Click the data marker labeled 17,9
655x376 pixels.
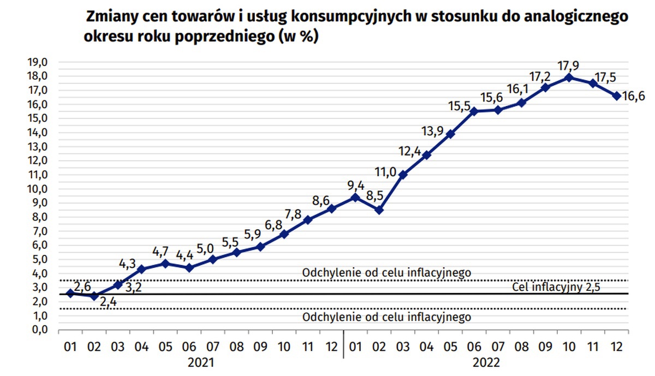point(569,77)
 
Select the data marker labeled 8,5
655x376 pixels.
point(379,210)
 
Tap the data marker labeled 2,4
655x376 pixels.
point(94,296)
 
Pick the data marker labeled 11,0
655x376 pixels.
point(403,175)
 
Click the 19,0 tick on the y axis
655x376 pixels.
point(38,62)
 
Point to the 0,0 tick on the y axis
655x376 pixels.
point(38,330)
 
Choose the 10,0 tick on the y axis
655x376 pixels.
point(38,189)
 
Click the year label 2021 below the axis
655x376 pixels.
point(200,362)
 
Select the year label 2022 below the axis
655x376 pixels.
point(485,362)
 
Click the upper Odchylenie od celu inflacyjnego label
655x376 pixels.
point(386,272)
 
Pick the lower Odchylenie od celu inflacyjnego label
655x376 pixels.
point(386,317)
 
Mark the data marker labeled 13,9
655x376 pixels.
point(450,134)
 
